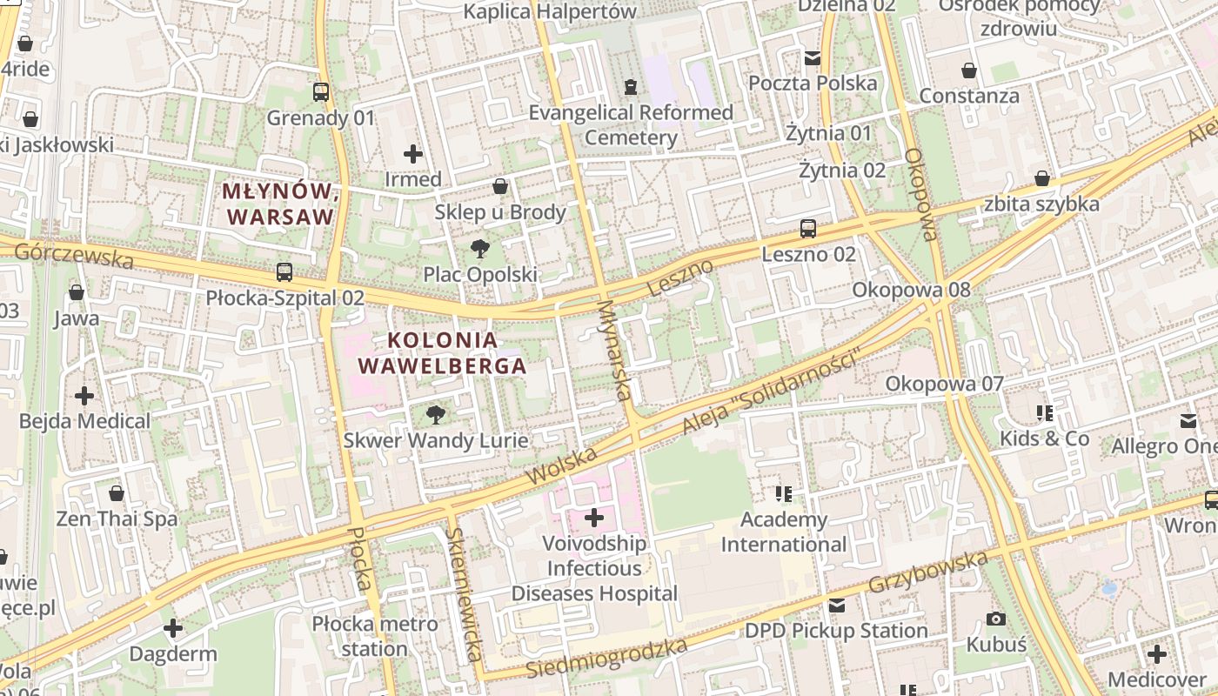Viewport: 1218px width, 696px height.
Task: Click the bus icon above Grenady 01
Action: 321,91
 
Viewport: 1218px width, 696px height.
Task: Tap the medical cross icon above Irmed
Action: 413,154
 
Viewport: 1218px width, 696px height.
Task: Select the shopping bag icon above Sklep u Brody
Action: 500,186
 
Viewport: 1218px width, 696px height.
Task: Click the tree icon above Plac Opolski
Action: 479,250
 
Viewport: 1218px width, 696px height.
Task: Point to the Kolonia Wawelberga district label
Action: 443,352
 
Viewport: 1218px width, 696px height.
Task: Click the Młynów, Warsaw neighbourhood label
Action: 278,204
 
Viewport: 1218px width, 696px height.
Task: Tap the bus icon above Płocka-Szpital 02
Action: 284,272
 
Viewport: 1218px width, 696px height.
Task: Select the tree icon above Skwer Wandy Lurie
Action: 436,415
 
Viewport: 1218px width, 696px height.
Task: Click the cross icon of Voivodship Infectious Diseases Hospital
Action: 594,519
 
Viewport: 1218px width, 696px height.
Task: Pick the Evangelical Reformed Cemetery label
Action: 631,124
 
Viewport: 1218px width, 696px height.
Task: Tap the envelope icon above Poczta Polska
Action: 813,58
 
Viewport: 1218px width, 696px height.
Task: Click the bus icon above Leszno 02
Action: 808,229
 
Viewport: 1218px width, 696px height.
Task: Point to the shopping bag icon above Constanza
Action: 969,70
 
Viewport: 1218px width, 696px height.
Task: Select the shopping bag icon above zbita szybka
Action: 1041,179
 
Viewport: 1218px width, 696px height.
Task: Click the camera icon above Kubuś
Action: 996,619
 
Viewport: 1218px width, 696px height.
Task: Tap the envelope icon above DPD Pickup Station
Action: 836,606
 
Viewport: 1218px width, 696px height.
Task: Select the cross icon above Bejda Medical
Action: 84,396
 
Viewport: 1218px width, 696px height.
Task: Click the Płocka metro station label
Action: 375,636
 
